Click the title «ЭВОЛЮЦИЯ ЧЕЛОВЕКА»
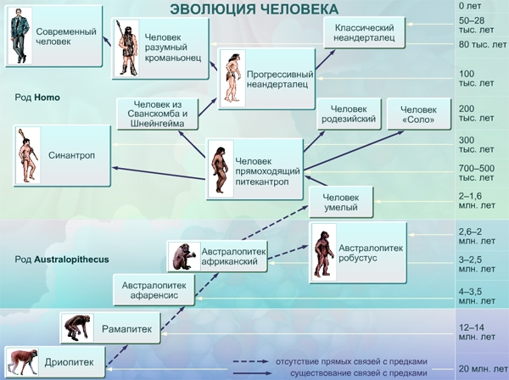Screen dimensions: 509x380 [254, 8]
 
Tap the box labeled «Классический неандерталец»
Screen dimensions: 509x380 [364, 32]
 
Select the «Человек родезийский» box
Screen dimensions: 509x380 [349, 114]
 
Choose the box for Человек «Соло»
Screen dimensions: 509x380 [419, 114]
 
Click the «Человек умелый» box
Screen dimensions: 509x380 [341, 202]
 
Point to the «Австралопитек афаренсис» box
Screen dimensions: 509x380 [154, 290]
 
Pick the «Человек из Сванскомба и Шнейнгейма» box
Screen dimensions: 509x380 [158, 114]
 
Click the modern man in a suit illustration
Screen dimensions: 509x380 [20, 36]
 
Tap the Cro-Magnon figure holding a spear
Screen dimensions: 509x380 [127, 48]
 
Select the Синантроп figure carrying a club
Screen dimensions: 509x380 [28, 155]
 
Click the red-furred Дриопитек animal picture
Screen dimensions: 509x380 [22, 362]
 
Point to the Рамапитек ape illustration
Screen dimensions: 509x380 [77, 327]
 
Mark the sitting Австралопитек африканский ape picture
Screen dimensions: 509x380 [183, 256]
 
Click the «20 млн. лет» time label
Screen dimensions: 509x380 [483, 369]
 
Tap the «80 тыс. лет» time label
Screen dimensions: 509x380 [483, 44]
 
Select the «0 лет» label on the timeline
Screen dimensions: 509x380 [470, 6]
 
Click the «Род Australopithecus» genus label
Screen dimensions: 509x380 [62, 260]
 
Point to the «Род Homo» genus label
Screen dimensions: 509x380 [37, 98]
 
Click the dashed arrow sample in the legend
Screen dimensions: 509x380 [250, 361]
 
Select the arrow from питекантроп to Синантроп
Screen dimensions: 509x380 [159, 173]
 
